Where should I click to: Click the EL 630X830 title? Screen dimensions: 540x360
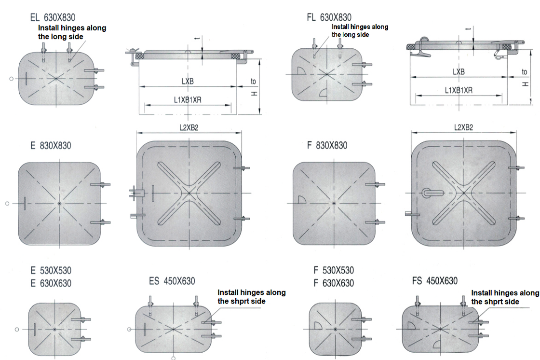coord(53,17)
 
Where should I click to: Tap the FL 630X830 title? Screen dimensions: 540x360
coord(329,17)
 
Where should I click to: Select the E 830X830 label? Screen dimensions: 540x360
coord(51,146)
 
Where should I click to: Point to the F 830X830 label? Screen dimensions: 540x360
coord(327,145)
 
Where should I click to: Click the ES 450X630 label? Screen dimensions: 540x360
coord(172,281)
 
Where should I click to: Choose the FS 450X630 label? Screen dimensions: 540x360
coord(435,281)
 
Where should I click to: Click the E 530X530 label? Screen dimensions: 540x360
coord(51,270)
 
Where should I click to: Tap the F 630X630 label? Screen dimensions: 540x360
coord(334,283)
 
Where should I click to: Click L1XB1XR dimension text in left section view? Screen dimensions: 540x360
coord(188,100)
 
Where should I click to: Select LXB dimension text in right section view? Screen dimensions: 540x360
coord(459,72)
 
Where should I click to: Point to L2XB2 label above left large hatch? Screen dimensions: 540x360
coord(189,127)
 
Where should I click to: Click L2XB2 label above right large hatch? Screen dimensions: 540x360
coord(463,127)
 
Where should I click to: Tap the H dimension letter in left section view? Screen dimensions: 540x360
coord(254,94)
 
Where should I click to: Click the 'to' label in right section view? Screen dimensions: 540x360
coord(524,72)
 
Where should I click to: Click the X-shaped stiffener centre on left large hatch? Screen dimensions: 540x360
coord(189,193)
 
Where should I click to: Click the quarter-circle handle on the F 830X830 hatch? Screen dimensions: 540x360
coord(302,200)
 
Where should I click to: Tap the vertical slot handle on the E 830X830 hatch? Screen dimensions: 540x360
coord(25,203)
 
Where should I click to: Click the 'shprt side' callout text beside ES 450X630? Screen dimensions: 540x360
coord(242,302)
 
